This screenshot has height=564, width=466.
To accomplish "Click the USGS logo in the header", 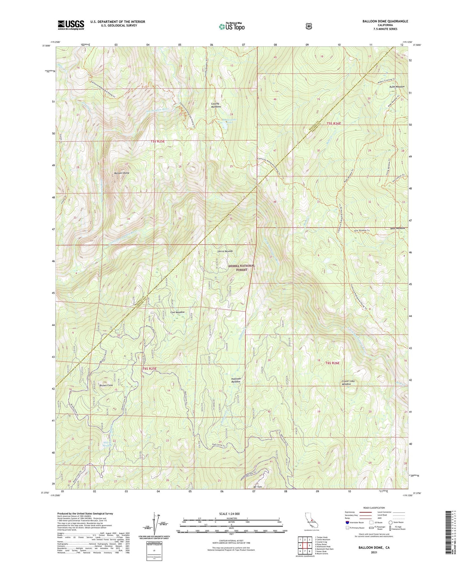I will click(x=71, y=25).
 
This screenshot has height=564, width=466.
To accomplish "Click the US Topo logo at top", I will click(x=232, y=26).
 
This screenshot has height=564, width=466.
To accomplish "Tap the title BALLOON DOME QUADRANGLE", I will click(x=385, y=21).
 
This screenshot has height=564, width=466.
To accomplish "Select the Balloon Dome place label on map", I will click(x=122, y=173).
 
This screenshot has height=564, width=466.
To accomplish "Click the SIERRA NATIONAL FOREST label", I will click(x=241, y=267).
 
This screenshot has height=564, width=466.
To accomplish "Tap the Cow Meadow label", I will click(x=177, y=312).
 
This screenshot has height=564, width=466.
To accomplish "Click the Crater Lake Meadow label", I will click(x=348, y=382).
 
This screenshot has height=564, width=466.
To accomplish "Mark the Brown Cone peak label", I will click(x=106, y=386).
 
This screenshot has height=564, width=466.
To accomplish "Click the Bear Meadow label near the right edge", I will click(x=397, y=228).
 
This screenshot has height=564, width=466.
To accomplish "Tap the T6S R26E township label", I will click(x=333, y=363).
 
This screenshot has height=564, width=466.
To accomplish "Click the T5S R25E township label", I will click(x=160, y=141).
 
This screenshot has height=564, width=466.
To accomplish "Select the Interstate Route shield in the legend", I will click(x=347, y=522).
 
